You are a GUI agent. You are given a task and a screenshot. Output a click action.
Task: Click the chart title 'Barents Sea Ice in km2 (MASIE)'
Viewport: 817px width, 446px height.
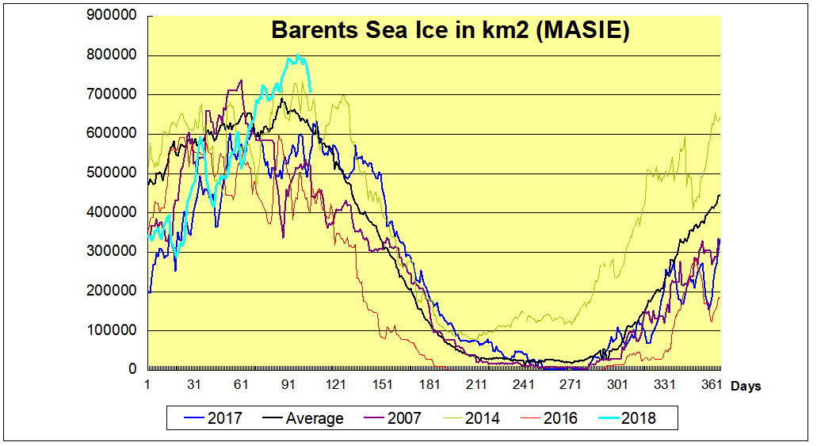coord(450,30)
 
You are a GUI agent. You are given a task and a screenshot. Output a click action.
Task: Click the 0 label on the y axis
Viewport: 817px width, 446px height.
coord(136,369)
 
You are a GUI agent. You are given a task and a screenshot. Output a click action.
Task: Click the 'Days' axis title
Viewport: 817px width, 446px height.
coord(746,387)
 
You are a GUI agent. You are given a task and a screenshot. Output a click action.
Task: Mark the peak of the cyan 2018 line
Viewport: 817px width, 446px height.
coord(296,55)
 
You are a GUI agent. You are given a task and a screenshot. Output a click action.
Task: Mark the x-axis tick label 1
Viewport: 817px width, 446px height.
coord(147,385)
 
